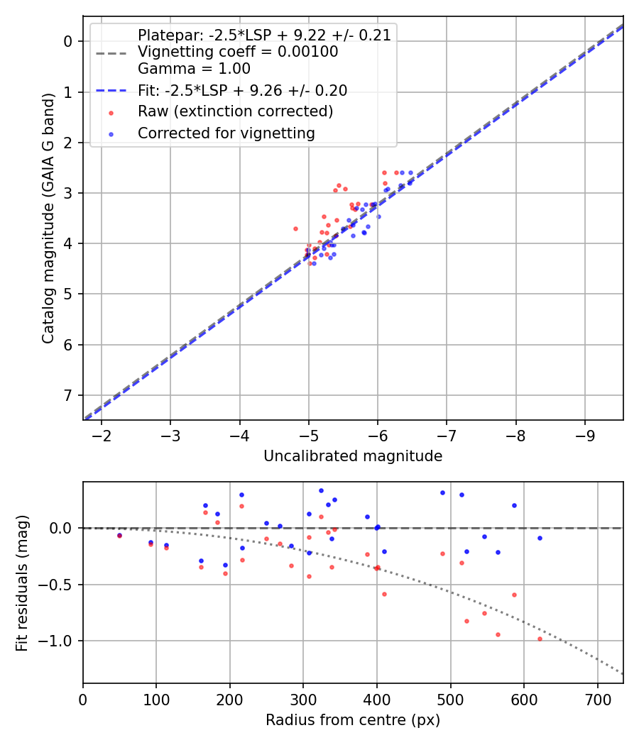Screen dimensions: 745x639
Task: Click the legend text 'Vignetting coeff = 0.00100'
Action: (238, 52)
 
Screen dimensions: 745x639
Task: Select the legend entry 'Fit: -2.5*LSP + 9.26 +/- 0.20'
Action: (242, 90)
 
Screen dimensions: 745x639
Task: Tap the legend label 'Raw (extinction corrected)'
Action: (235, 111)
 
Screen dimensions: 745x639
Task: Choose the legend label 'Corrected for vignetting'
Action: (226, 133)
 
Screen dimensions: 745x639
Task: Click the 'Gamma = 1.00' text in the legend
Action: (194, 69)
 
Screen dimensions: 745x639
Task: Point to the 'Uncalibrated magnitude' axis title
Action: (353, 456)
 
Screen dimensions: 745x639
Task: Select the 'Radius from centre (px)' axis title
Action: (353, 720)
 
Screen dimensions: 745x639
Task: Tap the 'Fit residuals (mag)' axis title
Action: (21, 583)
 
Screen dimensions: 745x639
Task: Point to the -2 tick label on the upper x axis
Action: (102, 435)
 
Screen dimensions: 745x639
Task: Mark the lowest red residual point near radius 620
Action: (540, 639)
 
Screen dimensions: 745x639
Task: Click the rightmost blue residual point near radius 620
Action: (540, 538)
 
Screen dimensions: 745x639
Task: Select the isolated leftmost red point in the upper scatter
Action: (295, 228)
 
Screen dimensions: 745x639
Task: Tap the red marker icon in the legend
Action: (110, 111)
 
